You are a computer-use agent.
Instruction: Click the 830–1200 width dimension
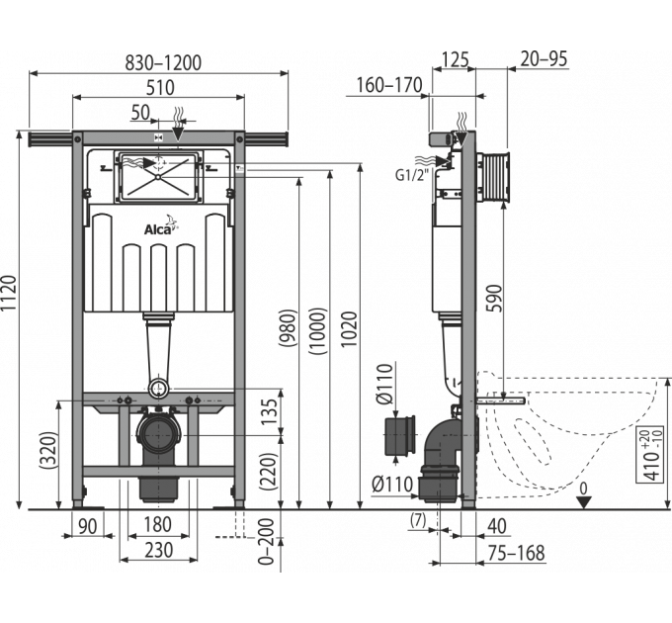[x=163, y=63]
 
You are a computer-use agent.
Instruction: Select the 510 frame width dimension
[x=160, y=88]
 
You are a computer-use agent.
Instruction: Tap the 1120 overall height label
[x=10, y=293]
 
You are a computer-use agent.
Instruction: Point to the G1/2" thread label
[x=412, y=175]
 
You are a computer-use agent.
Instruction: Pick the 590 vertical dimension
[x=493, y=299]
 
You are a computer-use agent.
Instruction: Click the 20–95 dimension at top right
[x=544, y=59]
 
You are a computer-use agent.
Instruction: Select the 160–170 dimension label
[x=389, y=85]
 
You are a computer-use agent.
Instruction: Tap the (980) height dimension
[x=288, y=328]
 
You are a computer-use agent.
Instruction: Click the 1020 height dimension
[x=350, y=329]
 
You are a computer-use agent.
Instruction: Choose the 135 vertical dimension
[x=270, y=411]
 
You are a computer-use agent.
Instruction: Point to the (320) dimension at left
[x=48, y=451]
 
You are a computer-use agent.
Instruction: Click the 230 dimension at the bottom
[x=158, y=551]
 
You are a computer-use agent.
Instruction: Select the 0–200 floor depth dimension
[x=267, y=542]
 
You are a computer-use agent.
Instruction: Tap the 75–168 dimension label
[x=518, y=553]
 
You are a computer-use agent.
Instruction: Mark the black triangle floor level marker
[x=584, y=502]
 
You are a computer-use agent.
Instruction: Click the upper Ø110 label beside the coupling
[x=384, y=384]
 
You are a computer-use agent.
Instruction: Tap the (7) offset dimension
[x=418, y=520]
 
